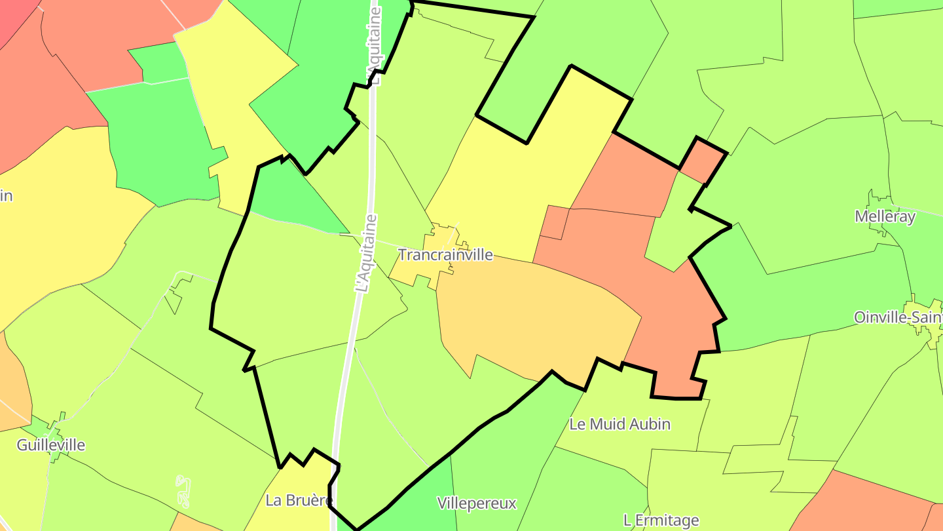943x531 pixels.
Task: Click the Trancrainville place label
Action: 445,255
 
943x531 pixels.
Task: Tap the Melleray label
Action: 885,216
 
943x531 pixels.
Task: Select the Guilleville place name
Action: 50,445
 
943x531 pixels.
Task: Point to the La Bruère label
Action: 298,500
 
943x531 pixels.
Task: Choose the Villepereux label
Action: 476,503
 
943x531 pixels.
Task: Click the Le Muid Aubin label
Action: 619,424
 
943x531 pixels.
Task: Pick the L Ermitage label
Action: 661,521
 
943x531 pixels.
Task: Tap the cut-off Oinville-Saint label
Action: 898,317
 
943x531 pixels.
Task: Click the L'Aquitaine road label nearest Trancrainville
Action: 366,252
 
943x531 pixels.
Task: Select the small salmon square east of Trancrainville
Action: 555,222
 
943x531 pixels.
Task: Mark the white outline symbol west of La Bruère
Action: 184,491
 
